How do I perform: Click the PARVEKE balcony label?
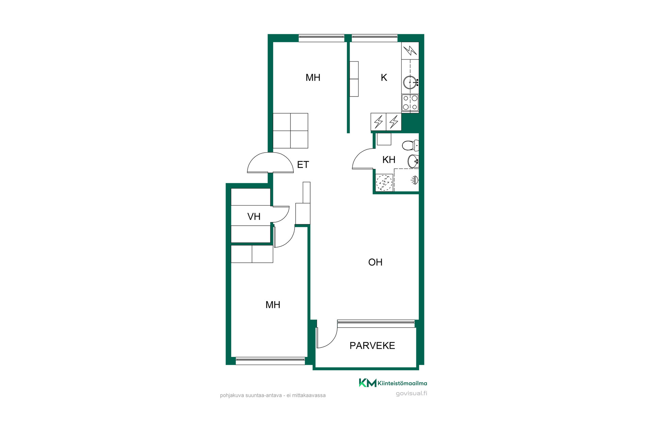(372, 346)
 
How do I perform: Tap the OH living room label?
(375, 262)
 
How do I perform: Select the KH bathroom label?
(389, 159)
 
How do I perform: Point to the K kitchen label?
(384, 77)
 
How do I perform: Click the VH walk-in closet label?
(254, 216)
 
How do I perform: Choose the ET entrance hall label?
(303, 164)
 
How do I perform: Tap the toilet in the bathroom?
(411, 145)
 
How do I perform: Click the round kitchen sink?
(410, 82)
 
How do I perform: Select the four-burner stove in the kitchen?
(410, 103)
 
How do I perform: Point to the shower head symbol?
(415, 180)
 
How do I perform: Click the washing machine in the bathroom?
(384, 182)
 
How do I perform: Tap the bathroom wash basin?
(413, 161)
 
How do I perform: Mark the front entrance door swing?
(270, 163)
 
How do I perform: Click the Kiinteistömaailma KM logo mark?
(368, 383)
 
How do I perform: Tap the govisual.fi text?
(412, 394)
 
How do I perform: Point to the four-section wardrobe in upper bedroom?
(290, 131)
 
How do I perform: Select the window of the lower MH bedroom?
(270, 361)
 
